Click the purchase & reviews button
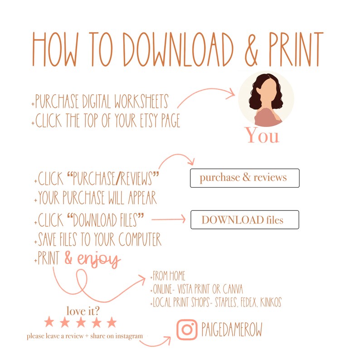244,178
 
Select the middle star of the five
80,323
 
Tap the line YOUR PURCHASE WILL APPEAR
97,198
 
